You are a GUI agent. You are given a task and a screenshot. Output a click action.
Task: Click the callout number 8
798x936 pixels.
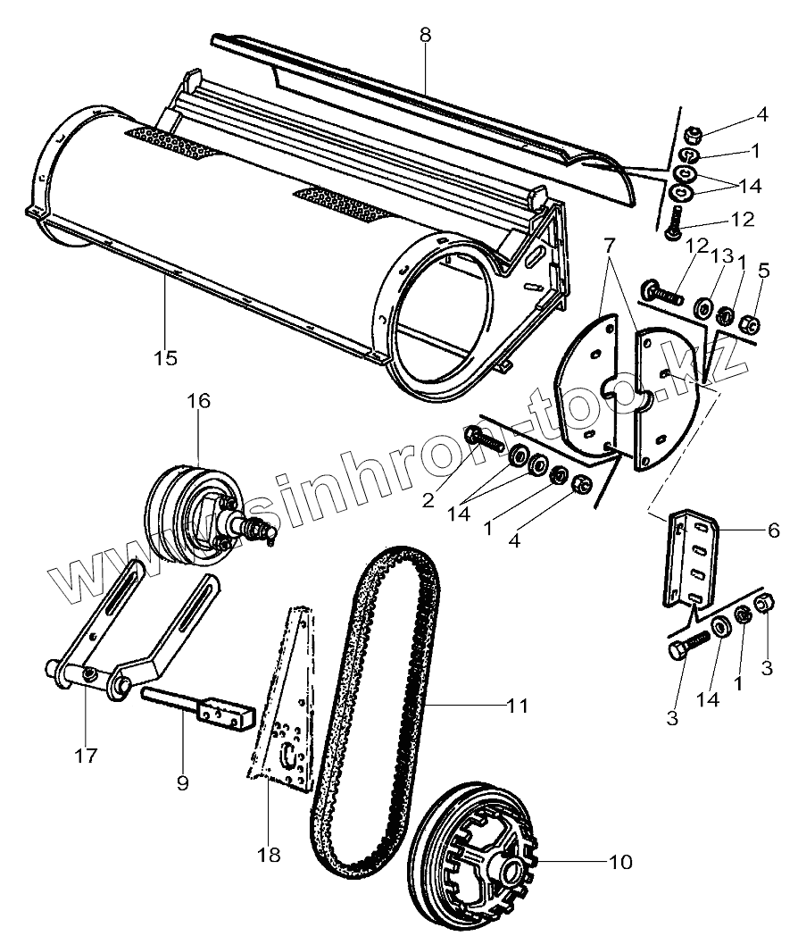425,36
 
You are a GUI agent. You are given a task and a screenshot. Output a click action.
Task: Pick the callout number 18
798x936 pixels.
268,855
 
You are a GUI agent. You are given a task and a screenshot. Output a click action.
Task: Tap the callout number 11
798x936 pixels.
516,706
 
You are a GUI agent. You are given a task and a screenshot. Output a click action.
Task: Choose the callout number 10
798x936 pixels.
619,862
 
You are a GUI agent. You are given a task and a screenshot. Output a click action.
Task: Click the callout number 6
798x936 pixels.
773,531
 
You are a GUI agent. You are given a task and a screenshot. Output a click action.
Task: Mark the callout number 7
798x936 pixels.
610,245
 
